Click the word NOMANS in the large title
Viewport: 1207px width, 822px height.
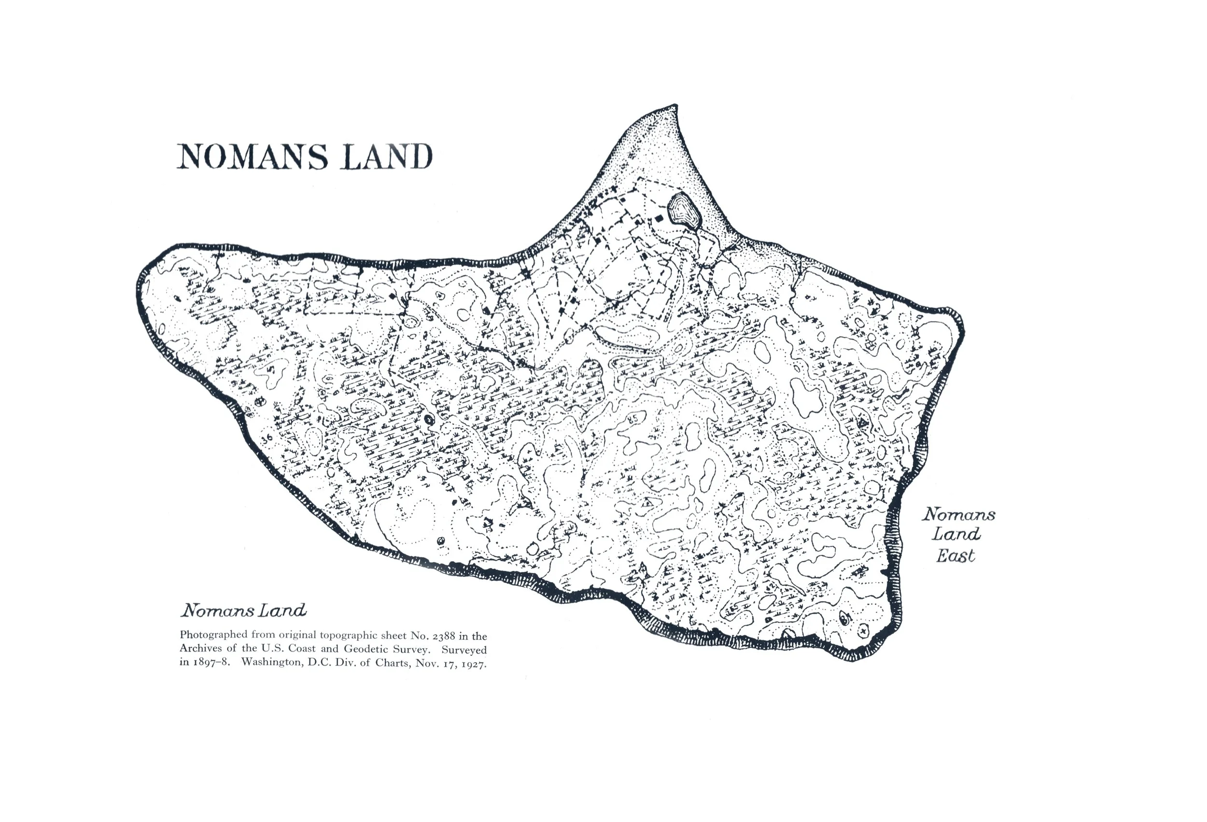pyautogui.click(x=253, y=156)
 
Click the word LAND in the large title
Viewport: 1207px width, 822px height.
pyautogui.click(x=386, y=156)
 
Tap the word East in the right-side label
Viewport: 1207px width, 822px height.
pyautogui.click(x=955, y=556)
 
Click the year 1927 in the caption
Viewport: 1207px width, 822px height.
pyautogui.click(x=473, y=664)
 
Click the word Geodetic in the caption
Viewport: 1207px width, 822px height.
pyautogui.click(x=365, y=649)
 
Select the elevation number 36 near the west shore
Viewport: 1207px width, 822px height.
pyautogui.click(x=267, y=439)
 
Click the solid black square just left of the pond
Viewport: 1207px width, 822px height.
pyautogui.click(x=660, y=219)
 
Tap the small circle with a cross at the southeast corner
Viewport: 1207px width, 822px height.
pyautogui.click(x=864, y=631)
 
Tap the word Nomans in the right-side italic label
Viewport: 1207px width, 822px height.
pyautogui.click(x=959, y=514)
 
